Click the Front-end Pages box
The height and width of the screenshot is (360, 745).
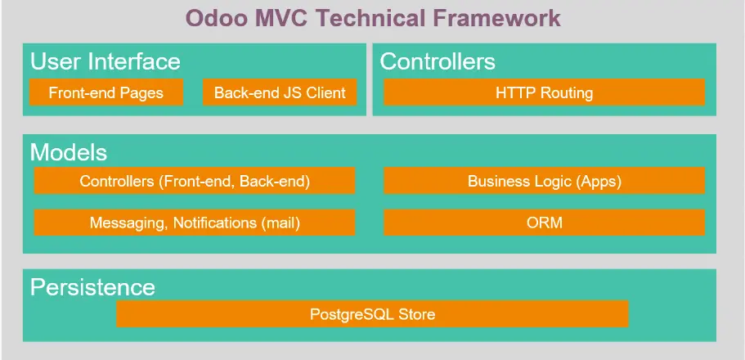coord(106,92)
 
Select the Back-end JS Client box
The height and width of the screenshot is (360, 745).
coord(280,92)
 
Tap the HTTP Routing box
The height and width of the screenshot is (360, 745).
coord(545,92)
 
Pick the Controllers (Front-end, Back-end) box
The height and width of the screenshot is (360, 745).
coord(195,181)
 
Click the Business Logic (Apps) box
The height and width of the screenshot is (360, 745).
coord(545,181)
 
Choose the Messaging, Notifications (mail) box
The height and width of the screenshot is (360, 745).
coord(195,223)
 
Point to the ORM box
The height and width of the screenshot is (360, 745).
coord(545,223)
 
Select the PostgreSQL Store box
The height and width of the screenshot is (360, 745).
coord(373,314)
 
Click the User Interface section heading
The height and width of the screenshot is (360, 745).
coord(105,62)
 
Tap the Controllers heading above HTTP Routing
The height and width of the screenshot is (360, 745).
coord(438,62)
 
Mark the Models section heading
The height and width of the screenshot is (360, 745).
coord(69,153)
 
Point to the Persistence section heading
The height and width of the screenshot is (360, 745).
coord(92,287)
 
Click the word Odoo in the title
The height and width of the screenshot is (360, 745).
coord(215,18)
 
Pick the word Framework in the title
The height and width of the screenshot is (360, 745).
coord(497,18)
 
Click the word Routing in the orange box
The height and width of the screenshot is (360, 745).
coord(567,92)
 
